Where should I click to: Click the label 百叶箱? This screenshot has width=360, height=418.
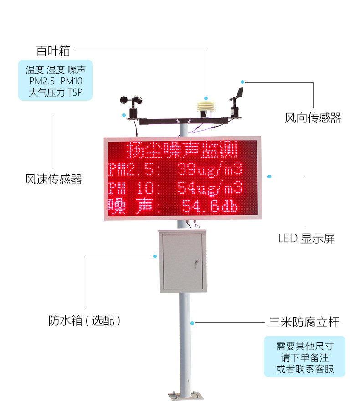coord(53,51)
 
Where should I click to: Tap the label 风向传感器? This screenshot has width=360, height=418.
coord(313,118)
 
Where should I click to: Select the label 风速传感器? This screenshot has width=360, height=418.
coord(53,179)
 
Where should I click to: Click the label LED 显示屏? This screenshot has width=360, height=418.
coord(306,238)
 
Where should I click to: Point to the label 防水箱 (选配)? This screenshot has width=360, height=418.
coord(84,321)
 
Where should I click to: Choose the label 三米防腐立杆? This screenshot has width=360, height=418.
coord(304,323)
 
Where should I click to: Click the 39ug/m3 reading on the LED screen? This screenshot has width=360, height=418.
coord(210,170)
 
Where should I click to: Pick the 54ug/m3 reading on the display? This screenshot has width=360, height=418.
coord(210,187)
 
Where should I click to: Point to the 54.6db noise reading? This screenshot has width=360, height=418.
coord(210,206)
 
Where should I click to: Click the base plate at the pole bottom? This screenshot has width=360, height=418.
coord(185,397)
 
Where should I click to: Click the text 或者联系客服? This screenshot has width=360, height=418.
coord(304,369)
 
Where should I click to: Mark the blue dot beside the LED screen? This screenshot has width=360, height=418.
coord(269,176)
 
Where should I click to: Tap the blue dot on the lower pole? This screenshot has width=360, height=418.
coord(193,323)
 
